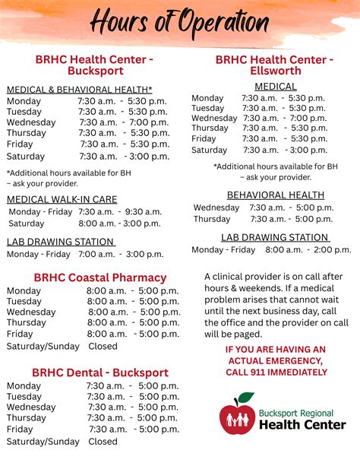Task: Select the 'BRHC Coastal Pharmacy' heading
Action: (x=99, y=277)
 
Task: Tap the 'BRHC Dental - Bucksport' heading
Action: (x=99, y=372)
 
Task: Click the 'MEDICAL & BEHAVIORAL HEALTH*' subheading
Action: (x=80, y=90)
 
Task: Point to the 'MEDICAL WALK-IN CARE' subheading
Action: (x=62, y=199)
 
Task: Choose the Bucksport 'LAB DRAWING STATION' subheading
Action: (x=61, y=242)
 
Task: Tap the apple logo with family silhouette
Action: (x=237, y=415)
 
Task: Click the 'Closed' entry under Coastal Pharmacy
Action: (x=103, y=346)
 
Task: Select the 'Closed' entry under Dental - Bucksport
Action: (x=103, y=441)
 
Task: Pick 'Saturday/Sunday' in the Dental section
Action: (x=43, y=441)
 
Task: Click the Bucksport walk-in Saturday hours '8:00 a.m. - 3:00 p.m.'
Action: (x=120, y=223)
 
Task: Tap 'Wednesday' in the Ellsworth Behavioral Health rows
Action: (x=216, y=208)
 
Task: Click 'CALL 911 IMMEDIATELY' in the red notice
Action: (x=276, y=372)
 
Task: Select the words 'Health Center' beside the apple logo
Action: (x=302, y=424)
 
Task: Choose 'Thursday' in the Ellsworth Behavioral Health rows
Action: (x=212, y=219)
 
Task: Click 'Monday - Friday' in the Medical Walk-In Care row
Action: (x=40, y=211)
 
